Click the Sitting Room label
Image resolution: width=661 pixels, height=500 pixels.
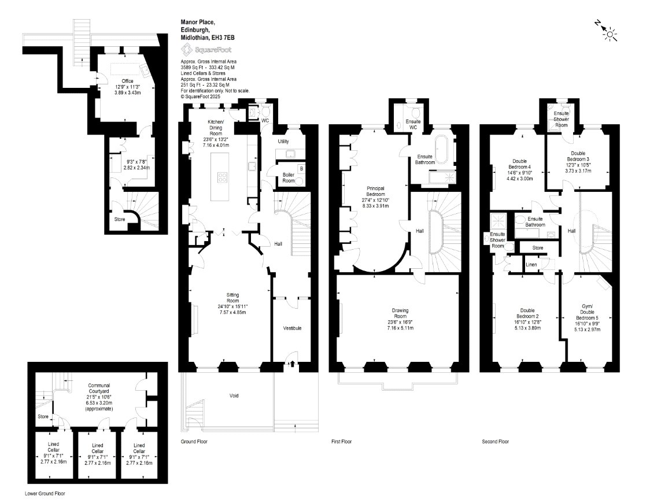tap(232, 298)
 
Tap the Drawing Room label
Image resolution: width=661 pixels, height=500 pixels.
tap(400, 313)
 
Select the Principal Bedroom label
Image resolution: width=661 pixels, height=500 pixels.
tap(375, 191)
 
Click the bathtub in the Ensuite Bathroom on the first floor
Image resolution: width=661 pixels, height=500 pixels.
tap(442, 149)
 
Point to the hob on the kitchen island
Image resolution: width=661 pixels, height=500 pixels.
tap(223, 177)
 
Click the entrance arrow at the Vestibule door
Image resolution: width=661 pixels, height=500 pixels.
tap(291, 364)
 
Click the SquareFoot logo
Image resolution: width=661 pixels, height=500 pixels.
tap(206, 50)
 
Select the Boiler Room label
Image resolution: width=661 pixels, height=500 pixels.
tap(289, 178)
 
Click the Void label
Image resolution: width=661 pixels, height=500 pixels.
tap(234, 395)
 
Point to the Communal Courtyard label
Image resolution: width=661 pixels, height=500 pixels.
tap(99, 388)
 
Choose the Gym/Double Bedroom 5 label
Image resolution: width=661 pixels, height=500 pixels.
tap(587, 312)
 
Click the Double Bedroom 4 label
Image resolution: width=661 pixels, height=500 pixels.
tap(519, 164)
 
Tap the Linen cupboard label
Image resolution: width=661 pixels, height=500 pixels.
tap(531, 265)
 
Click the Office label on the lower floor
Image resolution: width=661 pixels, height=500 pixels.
tap(127, 81)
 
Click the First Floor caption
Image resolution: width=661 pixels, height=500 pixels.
tap(341, 442)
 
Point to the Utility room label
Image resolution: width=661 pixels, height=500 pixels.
tap(283, 142)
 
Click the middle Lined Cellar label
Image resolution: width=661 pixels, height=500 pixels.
tap(97, 448)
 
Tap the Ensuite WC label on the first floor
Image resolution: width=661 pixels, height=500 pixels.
tap(413, 124)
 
